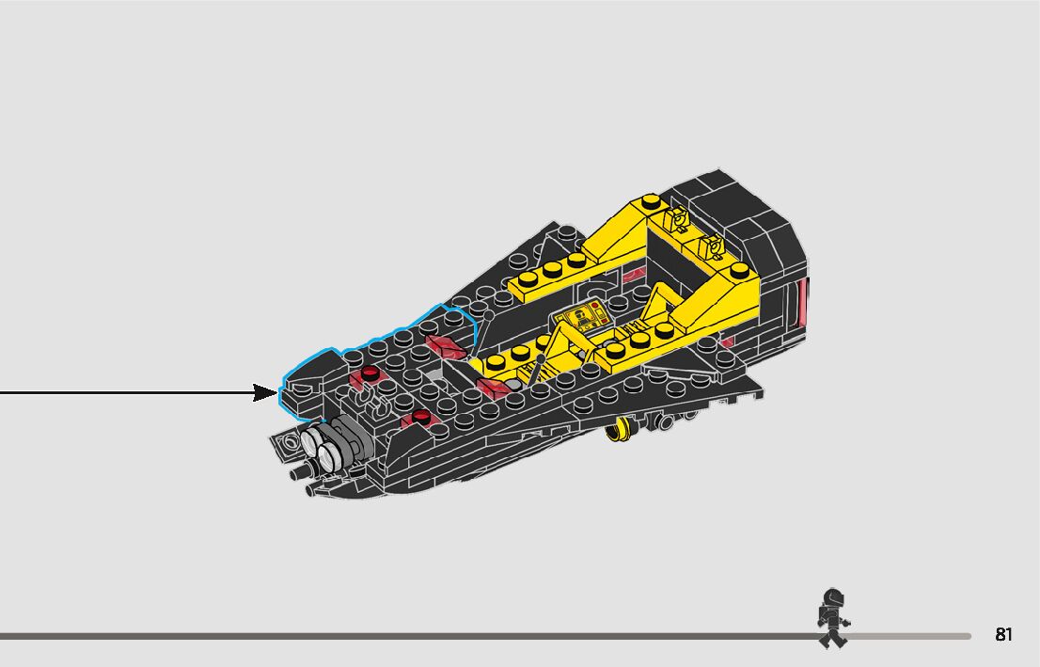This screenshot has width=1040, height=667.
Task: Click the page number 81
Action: point(1003,635)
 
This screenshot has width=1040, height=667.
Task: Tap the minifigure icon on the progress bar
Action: point(831,618)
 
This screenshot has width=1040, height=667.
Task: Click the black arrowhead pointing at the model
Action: point(266,392)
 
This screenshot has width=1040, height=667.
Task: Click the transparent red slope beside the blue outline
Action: point(447,346)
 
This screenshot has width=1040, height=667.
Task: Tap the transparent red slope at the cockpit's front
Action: point(493,387)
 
